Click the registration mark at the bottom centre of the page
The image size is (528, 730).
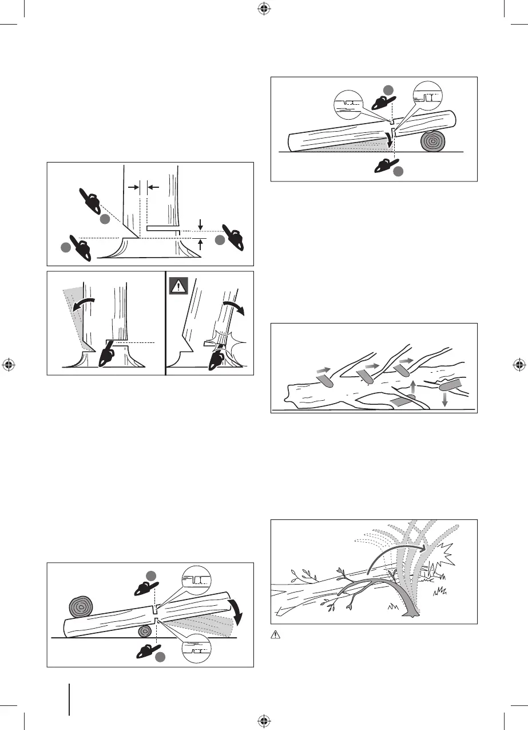(x=264, y=720)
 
